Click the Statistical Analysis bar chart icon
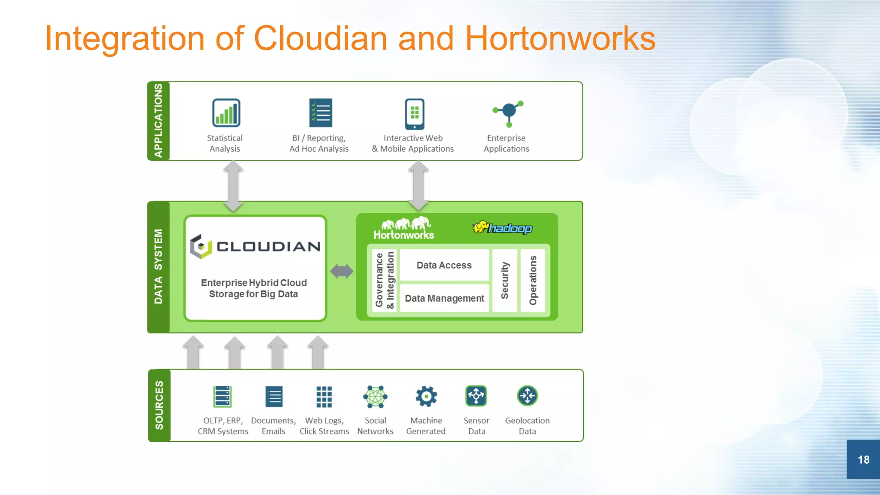coord(226,113)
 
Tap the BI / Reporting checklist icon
coord(321,113)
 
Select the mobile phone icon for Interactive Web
coord(414,114)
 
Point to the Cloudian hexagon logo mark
coord(201,246)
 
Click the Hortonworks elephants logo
coord(404,228)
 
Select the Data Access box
coord(444,265)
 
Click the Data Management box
coord(444,298)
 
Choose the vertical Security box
coord(505,280)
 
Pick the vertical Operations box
coord(533,280)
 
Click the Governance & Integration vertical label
coord(385,280)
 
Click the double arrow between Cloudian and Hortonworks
coord(342,271)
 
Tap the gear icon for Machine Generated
coord(426,396)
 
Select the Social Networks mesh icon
coord(375,396)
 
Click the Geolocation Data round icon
coord(527,396)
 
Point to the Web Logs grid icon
coord(324,396)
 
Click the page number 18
coord(863,459)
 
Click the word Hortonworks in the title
coord(560,39)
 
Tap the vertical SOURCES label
coord(159,405)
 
